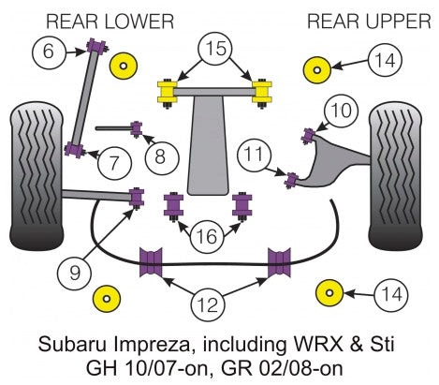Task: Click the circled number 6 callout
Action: pos(49,52)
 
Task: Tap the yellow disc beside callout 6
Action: pos(121,66)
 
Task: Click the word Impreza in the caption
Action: pos(192,344)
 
